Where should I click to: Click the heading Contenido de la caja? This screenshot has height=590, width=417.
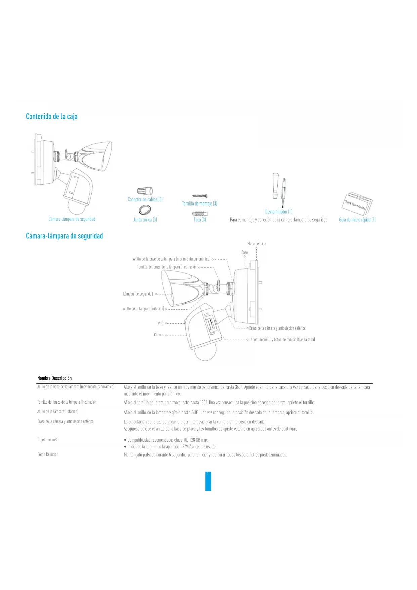[x=52, y=117]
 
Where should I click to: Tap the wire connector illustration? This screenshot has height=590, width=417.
[x=145, y=191]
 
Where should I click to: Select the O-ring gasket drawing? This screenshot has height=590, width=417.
[x=145, y=210]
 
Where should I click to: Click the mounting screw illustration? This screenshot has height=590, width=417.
[x=200, y=196]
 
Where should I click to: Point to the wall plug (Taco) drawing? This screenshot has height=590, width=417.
[x=200, y=214]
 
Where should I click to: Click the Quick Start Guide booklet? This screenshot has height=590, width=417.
[x=358, y=203]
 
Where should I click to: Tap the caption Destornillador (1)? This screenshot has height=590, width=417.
[x=279, y=212]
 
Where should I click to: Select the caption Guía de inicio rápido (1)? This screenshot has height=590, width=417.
[x=357, y=220]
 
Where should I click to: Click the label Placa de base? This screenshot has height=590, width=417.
[x=256, y=244]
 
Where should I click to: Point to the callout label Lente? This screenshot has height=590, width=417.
[x=160, y=323]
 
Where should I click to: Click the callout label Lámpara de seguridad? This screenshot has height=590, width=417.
[x=138, y=294]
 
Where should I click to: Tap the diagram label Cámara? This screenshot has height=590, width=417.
[x=159, y=335]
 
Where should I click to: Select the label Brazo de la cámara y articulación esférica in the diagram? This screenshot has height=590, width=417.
[x=277, y=328]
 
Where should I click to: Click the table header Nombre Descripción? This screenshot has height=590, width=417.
[x=54, y=378]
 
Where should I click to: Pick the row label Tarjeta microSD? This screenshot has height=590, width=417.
[x=48, y=440]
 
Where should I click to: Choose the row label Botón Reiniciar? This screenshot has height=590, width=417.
[x=48, y=454]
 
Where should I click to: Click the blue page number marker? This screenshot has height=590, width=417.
[x=208, y=481]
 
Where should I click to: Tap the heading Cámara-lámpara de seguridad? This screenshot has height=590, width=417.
[x=65, y=236]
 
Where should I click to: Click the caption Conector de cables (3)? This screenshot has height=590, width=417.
[x=145, y=199]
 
